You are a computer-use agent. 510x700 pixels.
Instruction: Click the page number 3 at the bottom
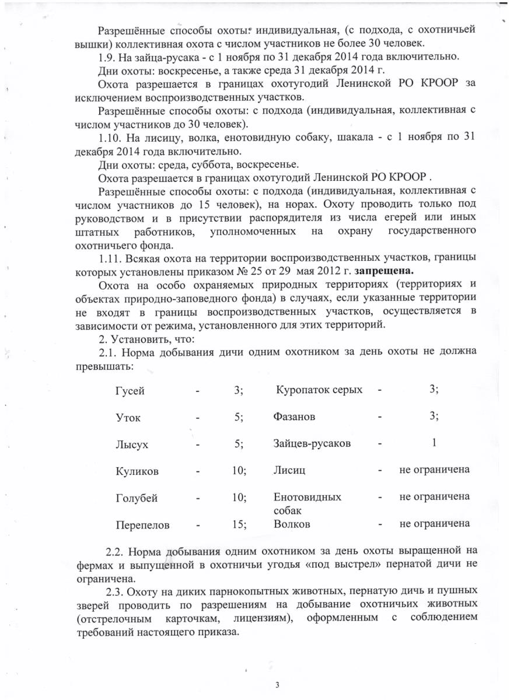(277, 684)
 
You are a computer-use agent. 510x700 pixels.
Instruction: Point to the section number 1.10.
(109, 137)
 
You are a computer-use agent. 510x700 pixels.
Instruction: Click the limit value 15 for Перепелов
(238, 524)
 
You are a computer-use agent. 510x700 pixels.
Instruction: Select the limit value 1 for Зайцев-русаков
(434, 443)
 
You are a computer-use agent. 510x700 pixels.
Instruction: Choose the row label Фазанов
(294, 417)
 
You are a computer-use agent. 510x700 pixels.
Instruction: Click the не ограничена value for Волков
(434, 524)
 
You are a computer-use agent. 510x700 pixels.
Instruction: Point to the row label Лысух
(132, 444)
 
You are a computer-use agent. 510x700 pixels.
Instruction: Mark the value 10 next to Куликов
(238, 470)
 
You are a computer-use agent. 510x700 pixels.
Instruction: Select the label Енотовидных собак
(307, 503)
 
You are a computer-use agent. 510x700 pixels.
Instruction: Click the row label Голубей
(137, 498)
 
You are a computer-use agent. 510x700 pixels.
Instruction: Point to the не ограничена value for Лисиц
(434, 470)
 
